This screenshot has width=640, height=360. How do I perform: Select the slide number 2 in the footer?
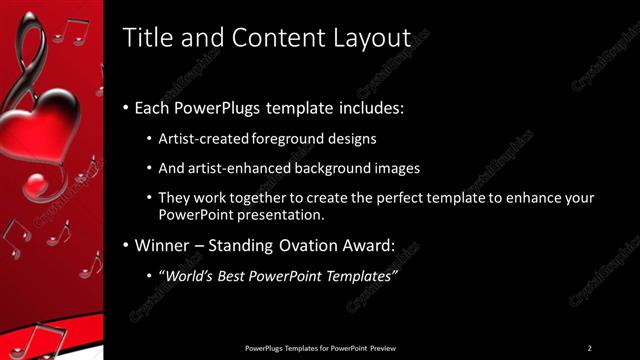pyautogui.click(x=589, y=348)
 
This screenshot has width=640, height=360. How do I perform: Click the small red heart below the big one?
pyautogui.click(x=36, y=187)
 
